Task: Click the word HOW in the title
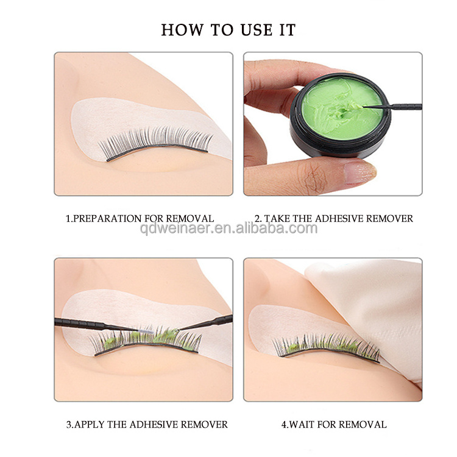click(x=182, y=30)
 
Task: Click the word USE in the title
click(x=257, y=30)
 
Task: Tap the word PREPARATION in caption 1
click(x=107, y=219)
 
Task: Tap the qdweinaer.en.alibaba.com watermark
click(x=228, y=228)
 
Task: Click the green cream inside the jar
click(x=342, y=108)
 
